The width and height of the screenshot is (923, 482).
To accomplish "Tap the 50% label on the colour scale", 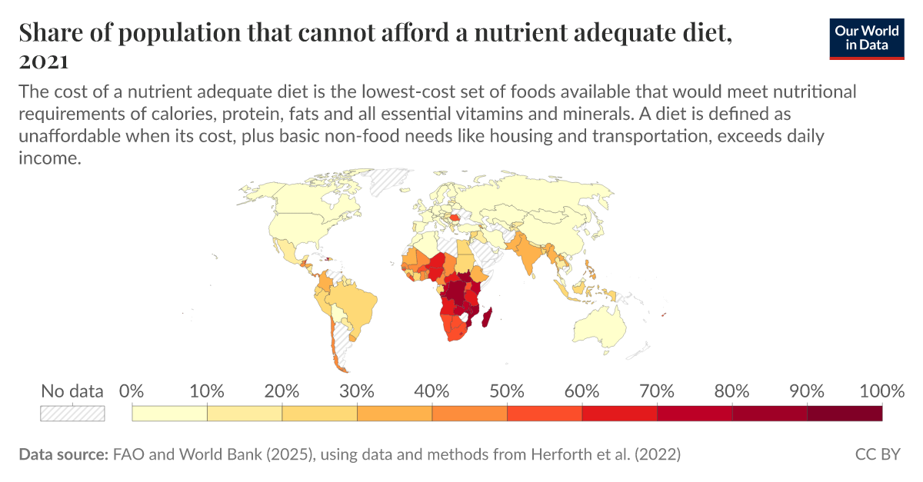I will [x=507, y=391].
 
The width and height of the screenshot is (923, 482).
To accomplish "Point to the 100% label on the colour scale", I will [x=881, y=391].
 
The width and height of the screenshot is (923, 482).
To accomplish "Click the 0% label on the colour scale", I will [x=132, y=391].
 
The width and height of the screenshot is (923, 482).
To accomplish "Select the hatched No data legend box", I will [x=72, y=414].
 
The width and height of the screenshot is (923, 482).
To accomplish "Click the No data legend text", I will [x=72, y=391].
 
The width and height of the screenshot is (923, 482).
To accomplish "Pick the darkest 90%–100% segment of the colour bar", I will [x=844, y=414].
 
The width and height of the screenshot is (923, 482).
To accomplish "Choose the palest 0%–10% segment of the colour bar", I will [x=170, y=414].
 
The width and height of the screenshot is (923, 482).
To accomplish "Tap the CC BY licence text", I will [x=878, y=454].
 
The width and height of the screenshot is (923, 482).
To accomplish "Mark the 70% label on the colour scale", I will [x=657, y=391].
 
